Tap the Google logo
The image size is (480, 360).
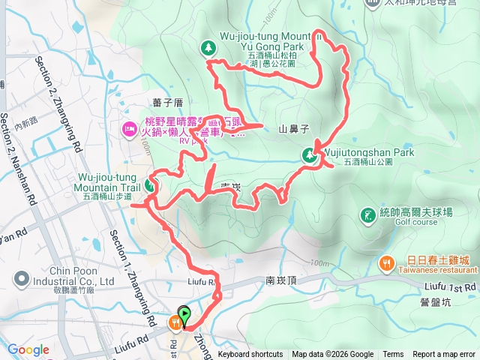pyautogui.click(x=28, y=349)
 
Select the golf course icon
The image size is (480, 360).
pyautogui.click(x=367, y=214)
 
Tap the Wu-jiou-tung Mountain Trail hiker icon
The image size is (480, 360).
pyautogui.click(x=153, y=184)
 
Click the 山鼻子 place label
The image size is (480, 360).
pyautogui.click(x=295, y=129)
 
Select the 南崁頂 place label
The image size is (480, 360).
pyautogui.click(x=282, y=280)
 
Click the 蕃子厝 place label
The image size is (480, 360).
pyautogui.click(x=167, y=103)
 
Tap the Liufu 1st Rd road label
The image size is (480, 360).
pyautogui.click(x=450, y=287)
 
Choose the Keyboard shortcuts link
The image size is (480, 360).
pyautogui.click(x=250, y=355)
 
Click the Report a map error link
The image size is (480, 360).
pyautogui.click(x=444, y=355)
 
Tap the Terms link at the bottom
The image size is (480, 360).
pyautogui.click(x=393, y=355)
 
